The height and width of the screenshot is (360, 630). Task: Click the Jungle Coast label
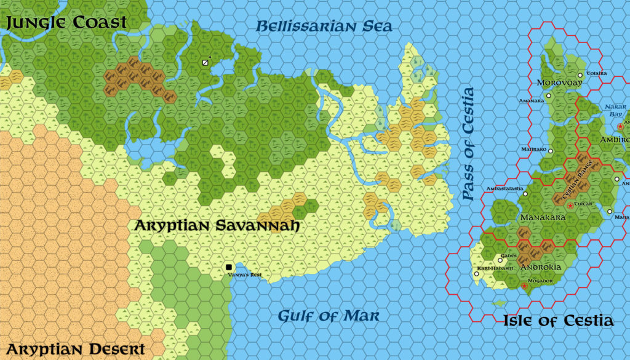point(66,23)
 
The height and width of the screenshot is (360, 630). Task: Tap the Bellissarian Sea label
point(324,26)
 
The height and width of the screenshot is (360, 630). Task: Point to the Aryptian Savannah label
point(217,226)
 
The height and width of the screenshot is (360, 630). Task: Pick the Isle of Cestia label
point(558,321)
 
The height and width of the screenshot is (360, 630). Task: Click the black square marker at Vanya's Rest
point(229,267)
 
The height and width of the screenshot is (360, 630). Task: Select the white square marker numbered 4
point(205,62)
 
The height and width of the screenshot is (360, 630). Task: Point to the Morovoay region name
point(559,82)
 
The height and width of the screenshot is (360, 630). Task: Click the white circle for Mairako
point(551,150)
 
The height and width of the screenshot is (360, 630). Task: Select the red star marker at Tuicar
point(570,205)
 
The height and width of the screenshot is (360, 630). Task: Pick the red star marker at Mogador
point(524,286)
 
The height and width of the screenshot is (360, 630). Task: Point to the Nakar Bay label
point(615,110)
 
